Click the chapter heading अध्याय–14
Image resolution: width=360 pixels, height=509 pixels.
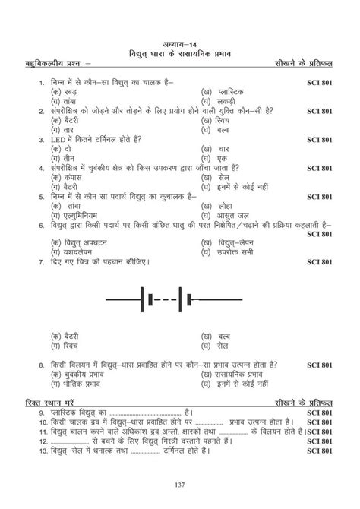click(x=179, y=43)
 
